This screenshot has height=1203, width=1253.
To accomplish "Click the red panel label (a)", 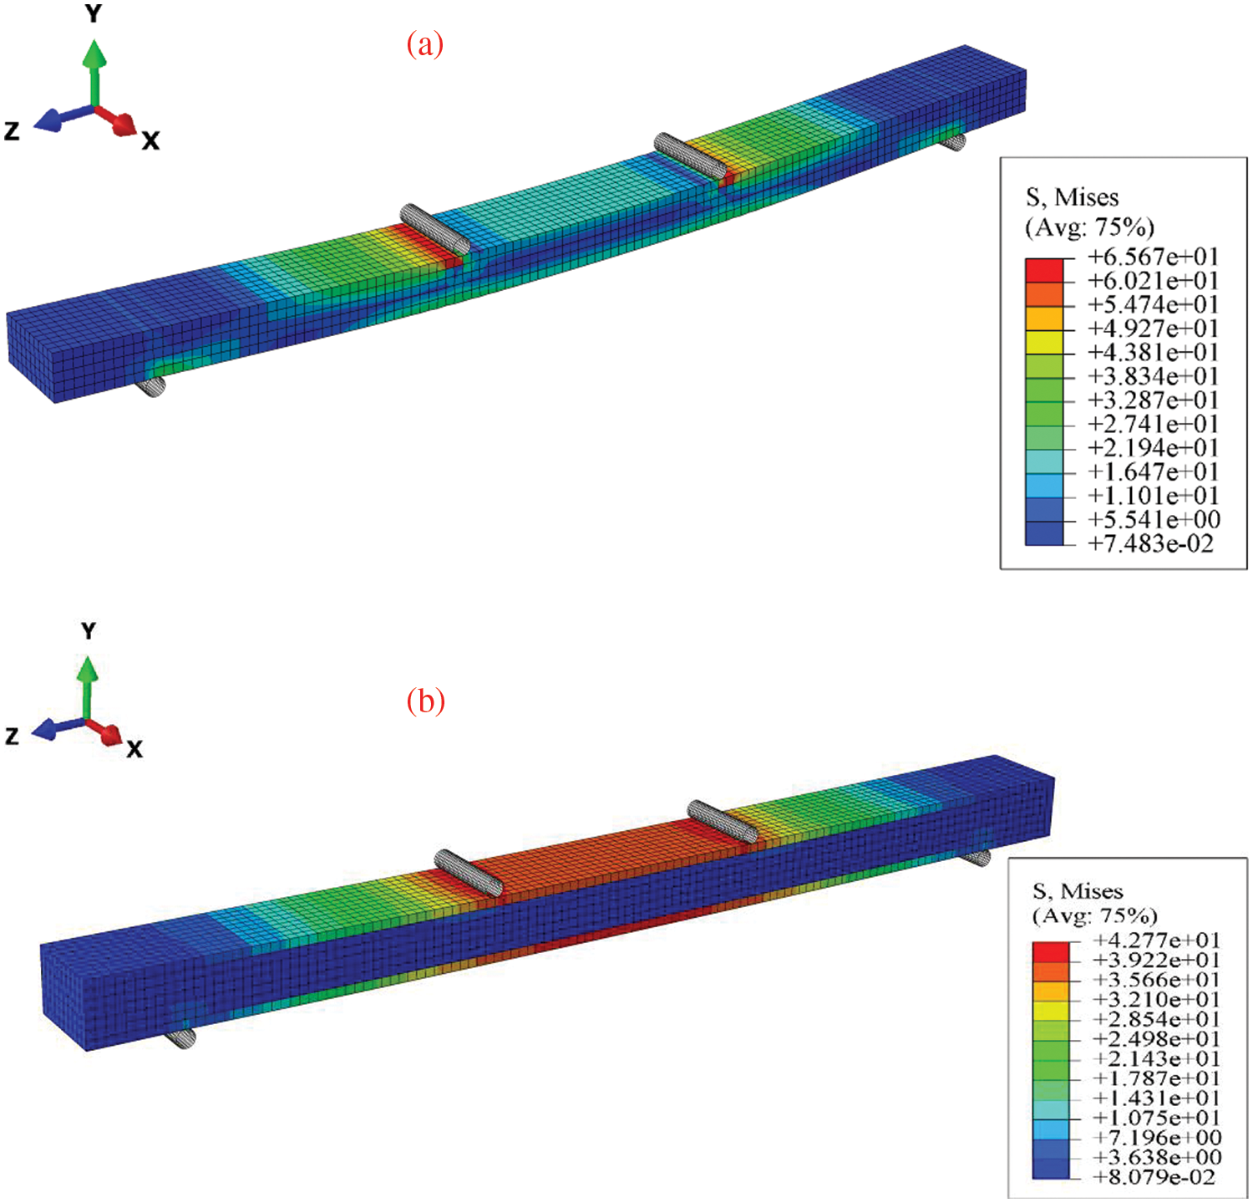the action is (x=424, y=43).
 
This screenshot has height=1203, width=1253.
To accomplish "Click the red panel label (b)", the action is (x=425, y=701).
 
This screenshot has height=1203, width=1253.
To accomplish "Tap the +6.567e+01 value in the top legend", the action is (x=1153, y=256).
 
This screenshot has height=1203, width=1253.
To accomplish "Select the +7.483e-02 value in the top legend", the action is (x=1150, y=543).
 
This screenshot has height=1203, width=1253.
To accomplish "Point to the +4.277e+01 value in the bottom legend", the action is (x=1157, y=940).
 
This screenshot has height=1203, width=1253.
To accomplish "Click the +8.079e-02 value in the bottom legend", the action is (x=1154, y=1177).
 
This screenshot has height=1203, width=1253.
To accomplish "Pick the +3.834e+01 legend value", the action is (x=1153, y=376).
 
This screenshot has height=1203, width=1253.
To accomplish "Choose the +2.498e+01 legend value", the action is (x=1157, y=1039).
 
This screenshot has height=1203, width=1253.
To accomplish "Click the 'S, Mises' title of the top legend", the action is (x=1072, y=198).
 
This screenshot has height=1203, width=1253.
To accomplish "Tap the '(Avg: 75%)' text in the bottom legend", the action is (x=1095, y=915).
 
